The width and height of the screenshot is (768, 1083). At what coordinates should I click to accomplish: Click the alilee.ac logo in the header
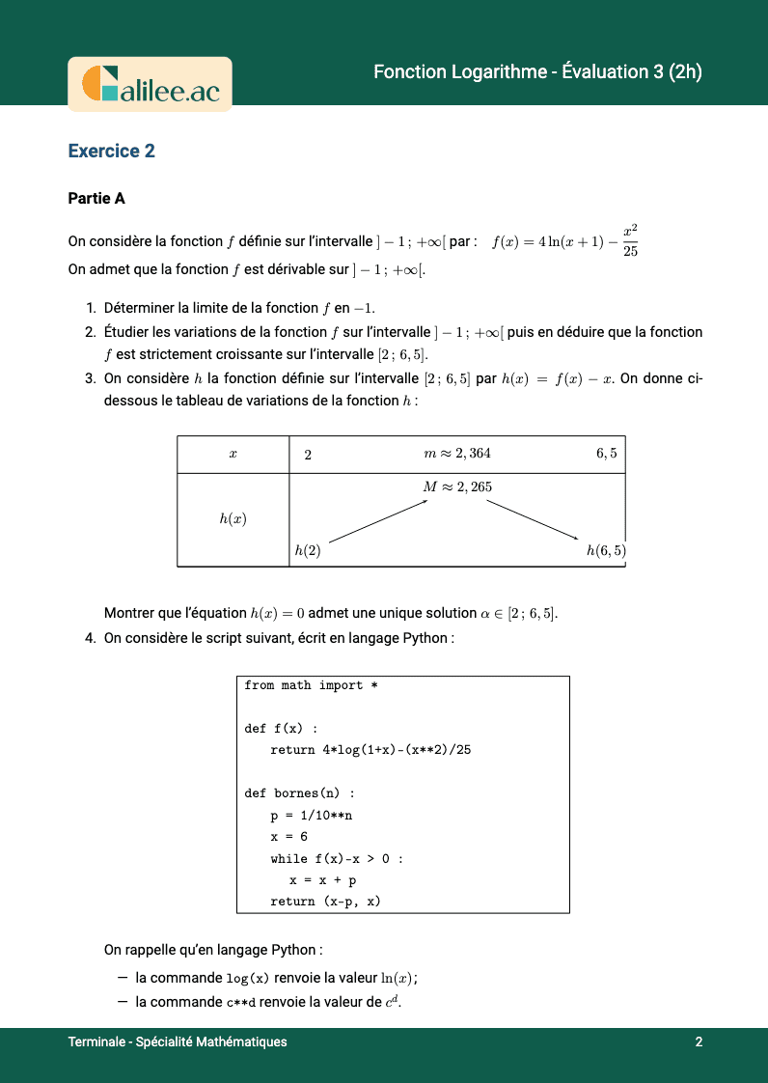click(x=150, y=84)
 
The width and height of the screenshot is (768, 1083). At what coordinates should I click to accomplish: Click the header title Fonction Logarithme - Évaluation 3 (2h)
click(x=537, y=72)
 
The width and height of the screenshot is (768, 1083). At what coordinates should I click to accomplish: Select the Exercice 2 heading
click(x=111, y=151)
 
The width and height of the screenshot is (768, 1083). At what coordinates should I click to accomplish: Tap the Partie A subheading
click(x=96, y=199)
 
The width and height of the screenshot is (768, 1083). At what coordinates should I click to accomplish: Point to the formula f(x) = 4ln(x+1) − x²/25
click(x=565, y=241)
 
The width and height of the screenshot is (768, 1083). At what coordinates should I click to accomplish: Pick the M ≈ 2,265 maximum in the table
click(x=457, y=486)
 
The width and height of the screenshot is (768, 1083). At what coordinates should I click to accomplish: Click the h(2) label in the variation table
click(x=307, y=551)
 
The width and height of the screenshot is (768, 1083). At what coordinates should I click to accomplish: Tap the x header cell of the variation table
click(x=233, y=454)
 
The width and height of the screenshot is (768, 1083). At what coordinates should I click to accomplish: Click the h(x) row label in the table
click(x=233, y=519)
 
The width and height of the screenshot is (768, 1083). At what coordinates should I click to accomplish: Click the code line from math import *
click(x=303, y=685)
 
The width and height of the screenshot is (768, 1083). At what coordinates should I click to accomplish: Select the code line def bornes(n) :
click(x=299, y=793)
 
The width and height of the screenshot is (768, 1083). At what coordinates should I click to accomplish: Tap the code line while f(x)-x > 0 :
click(x=336, y=858)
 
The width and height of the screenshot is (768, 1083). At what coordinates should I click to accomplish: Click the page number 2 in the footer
click(x=698, y=1042)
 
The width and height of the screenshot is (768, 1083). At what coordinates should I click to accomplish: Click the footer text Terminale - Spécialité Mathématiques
click(x=178, y=1042)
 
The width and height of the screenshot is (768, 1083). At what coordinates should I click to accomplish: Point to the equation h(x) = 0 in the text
click(x=277, y=614)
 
